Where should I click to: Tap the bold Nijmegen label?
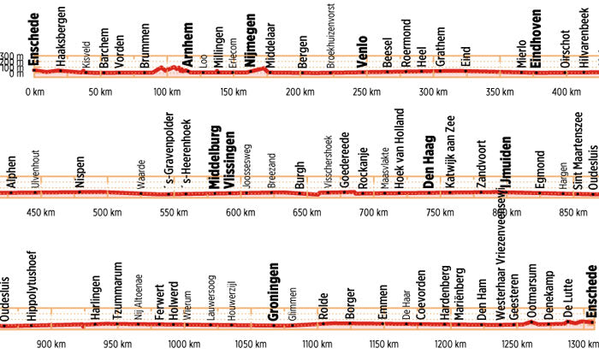[251, 32]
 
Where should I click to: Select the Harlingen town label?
[96, 298]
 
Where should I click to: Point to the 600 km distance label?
[234, 212]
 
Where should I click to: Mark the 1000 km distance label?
[183, 345]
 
